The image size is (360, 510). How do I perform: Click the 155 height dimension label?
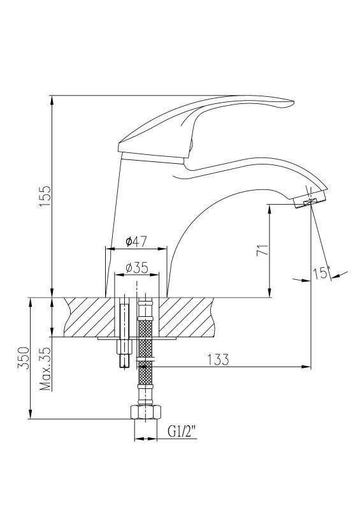(45, 196)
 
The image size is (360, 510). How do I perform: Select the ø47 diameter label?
(136, 242)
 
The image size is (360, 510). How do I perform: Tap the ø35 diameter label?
(137, 268)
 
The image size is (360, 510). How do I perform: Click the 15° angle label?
(322, 273)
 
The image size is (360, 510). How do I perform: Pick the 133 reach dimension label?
(218, 360)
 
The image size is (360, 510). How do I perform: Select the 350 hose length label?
(24, 358)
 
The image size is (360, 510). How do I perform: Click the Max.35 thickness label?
(45, 368)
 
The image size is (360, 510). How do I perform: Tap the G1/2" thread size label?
(182, 432)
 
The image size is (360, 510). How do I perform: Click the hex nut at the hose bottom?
(145, 412)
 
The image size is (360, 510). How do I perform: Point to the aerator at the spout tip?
(310, 200)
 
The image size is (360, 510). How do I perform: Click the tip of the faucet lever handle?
(293, 103)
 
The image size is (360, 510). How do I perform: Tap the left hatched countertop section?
(90, 317)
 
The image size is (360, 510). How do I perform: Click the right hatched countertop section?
(186, 317)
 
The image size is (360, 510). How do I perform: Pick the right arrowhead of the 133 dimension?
(306, 367)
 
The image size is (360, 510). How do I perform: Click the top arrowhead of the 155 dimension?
(52, 100)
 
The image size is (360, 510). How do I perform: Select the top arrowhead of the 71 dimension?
(270, 209)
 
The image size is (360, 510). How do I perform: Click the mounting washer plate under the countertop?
(136, 339)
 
